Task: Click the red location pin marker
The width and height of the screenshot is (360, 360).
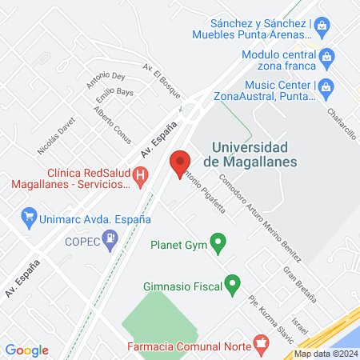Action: tap(180, 163)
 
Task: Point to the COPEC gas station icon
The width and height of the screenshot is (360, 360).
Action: tap(110, 238)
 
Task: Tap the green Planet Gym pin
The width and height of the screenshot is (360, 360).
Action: tap(217, 242)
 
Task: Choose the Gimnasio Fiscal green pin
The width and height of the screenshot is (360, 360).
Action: tap(232, 284)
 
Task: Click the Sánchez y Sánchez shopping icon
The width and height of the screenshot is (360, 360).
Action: tap(322, 26)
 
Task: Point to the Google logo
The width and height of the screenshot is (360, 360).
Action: tap(27, 350)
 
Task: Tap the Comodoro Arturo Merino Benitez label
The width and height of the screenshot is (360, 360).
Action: tap(261, 218)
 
